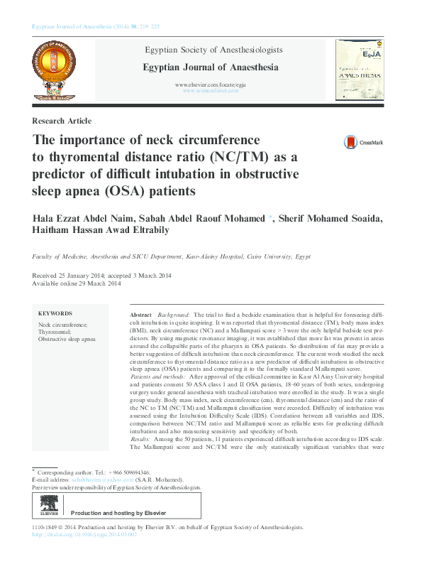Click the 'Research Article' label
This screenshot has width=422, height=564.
(x=62, y=121)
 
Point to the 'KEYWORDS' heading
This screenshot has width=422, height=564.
(x=55, y=313)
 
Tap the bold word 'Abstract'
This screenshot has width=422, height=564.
(x=140, y=313)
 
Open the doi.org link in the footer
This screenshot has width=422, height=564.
(x=84, y=535)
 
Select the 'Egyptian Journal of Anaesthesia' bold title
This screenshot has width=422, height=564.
(x=211, y=67)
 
